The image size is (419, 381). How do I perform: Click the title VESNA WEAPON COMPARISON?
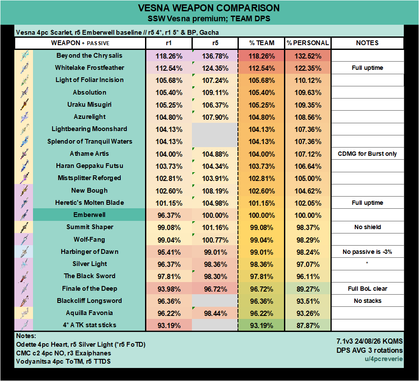click(x=209, y=8)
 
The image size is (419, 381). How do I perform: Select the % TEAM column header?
click(x=262, y=43)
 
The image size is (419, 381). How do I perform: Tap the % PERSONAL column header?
click(x=308, y=43)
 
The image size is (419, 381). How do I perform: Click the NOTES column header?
click(x=367, y=43)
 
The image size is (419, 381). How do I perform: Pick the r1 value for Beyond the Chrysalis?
click(x=169, y=56)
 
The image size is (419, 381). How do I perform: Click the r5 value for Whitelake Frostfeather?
click(x=215, y=69)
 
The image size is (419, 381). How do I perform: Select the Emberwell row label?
click(x=89, y=215)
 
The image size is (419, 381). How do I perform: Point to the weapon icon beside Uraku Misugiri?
click(x=24, y=105)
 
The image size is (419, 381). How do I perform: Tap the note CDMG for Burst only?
click(x=367, y=154)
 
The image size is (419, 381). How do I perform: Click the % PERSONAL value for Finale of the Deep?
click(x=308, y=289)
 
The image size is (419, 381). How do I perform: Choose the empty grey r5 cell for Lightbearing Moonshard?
click(x=215, y=129)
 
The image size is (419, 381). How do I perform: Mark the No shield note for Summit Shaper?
click(x=367, y=227)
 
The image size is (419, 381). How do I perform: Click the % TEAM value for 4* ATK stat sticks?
click(x=262, y=326)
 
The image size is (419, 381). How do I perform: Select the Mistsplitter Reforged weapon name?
click(x=89, y=178)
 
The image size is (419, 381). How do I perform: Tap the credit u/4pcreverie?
click(x=384, y=359)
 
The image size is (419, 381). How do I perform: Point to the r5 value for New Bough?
click(x=215, y=191)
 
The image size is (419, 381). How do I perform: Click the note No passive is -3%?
click(x=367, y=252)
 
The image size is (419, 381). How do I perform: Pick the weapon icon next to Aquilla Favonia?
click(x=24, y=313)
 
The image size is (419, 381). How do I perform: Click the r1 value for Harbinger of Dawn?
click(x=169, y=252)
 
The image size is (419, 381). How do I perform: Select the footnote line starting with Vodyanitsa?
click(x=63, y=361)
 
